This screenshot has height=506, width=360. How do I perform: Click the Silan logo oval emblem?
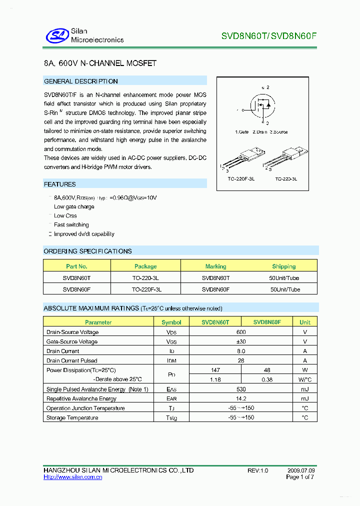pyautogui.click(x=56, y=35)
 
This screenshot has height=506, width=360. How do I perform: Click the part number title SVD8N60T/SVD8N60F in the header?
pyautogui.click(x=269, y=36)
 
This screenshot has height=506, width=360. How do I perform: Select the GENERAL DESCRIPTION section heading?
pyautogui.click(x=81, y=81)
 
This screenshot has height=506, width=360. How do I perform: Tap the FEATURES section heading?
pyautogui.click(x=60, y=184)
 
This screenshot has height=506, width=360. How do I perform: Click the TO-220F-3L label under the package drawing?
pyautogui.click(x=241, y=178)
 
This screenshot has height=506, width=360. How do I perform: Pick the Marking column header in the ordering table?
pyautogui.click(x=215, y=266)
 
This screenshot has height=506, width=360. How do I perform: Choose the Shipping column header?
pyautogui.click(x=283, y=266)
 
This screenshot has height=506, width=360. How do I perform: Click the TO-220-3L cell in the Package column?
pyautogui.click(x=145, y=278)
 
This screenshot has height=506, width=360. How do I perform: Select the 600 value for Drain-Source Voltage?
pyautogui.click(x=241, y=332)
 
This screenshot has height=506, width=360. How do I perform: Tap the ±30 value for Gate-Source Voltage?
pyautogui.click(x=241, y=341)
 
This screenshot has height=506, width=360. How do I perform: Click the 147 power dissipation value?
pyautogui.click(x=215, y=370)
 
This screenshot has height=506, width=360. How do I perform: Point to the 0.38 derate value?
pyautogui.click(x=266, y=379)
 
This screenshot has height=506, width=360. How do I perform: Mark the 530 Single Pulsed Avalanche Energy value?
pyautogui.click(x=241, y=389)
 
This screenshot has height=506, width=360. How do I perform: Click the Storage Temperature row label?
pyautogui.click(x=72, y=417)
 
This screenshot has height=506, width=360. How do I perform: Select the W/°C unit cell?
pyautogui.click(x=304, y=379)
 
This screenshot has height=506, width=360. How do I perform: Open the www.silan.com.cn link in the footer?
pyautogui.click(x=73, y=477)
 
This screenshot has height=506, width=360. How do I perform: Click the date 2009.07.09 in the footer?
pyautogui.click(x=301, y=470)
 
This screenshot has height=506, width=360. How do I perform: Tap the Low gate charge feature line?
pyautogui.click(x=74, y=206)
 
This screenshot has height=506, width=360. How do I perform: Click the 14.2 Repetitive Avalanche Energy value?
pyautogui.click(x=241, y=398)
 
